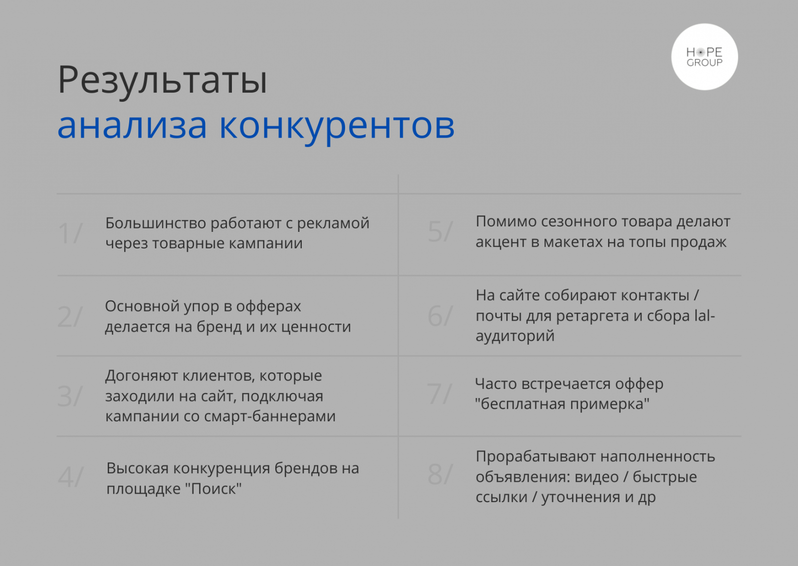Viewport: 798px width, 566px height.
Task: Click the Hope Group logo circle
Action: [704, 57]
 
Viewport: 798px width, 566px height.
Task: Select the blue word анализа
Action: [132, 126]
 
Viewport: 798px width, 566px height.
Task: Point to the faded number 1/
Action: [70, 233]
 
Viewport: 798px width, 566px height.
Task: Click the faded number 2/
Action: [70, 317]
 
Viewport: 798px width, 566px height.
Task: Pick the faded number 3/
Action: [70, 396]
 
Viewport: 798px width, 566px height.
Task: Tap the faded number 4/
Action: [71, 477]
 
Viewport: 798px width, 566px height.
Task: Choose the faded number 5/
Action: [440, 231]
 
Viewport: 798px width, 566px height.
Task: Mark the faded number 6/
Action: [440, 316]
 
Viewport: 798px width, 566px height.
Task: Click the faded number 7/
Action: [439, 394]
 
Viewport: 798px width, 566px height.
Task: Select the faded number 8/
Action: [440, 474]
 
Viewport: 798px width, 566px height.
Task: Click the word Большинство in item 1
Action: [155, 223]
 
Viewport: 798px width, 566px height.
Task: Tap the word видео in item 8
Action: [597, 477]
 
